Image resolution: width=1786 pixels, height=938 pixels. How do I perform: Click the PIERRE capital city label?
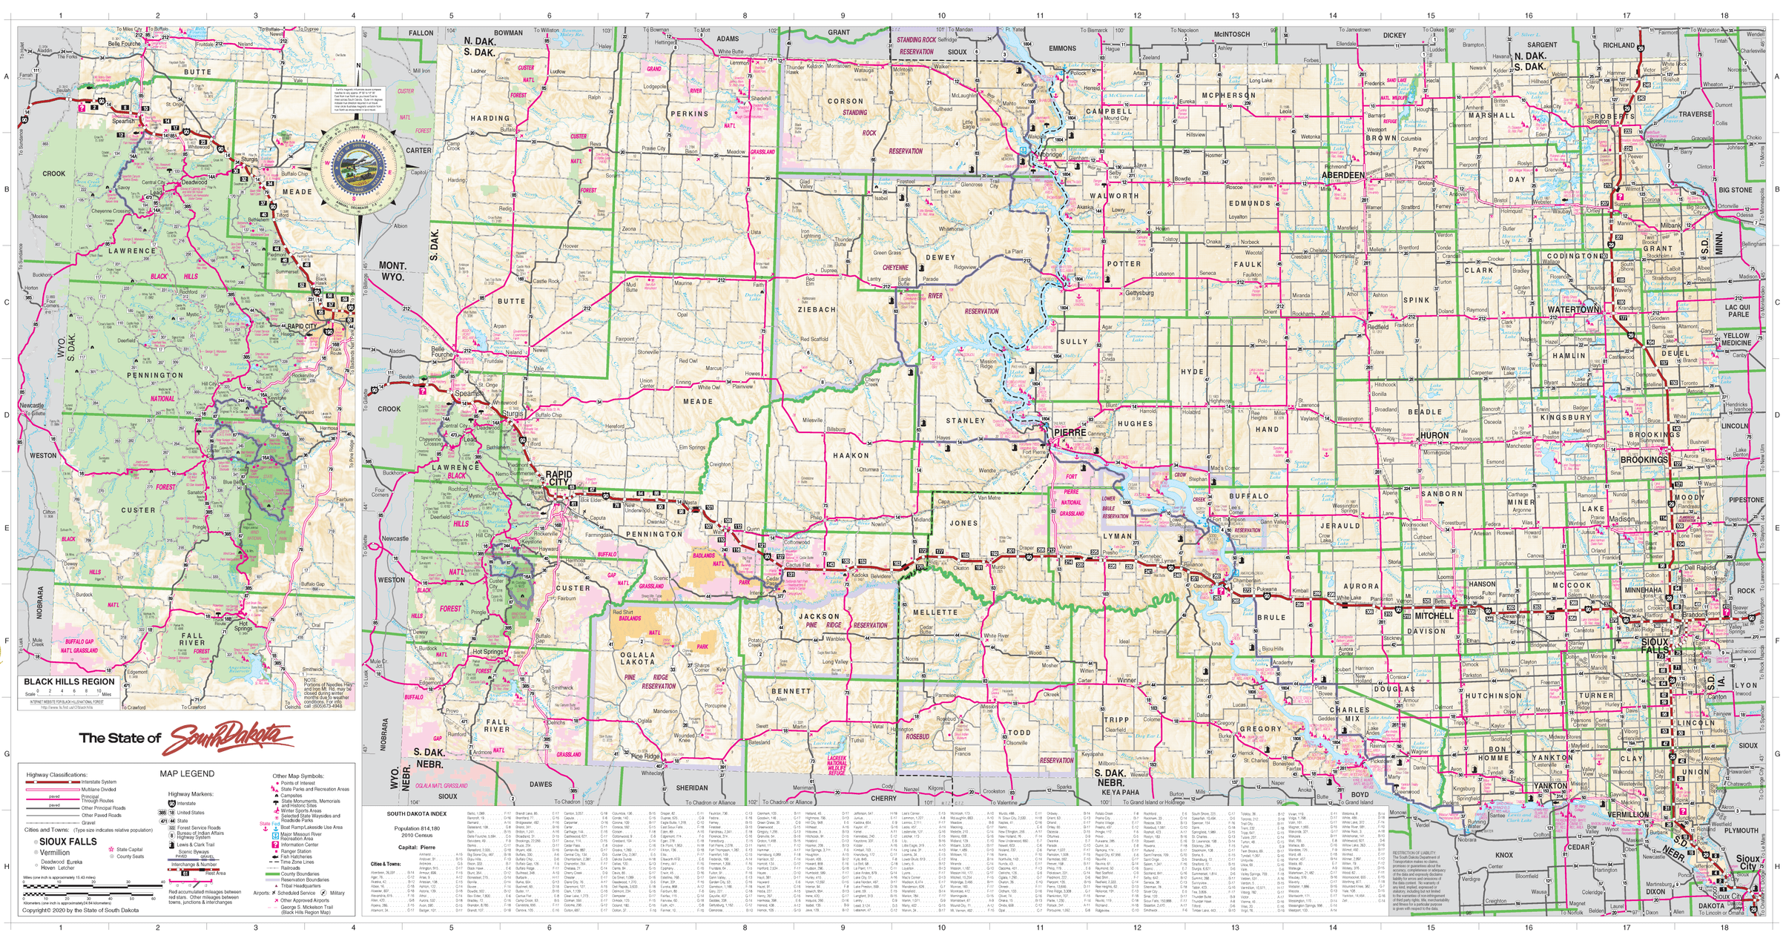pos(1070,432)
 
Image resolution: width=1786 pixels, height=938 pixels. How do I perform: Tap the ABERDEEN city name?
pos(1342,176)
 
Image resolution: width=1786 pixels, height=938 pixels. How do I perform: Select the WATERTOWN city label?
pos(1573,309)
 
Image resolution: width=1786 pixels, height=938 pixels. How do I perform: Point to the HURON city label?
pos(1434,436)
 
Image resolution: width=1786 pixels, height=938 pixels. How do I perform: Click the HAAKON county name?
pos(851,456)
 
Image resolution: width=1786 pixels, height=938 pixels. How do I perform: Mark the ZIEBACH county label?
pos(817,310)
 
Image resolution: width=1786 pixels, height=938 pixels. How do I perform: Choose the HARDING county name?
pos(490,119)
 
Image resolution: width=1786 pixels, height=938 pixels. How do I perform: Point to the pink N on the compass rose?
pos(358,65)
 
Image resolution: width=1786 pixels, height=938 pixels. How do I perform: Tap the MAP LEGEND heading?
pos(187,773)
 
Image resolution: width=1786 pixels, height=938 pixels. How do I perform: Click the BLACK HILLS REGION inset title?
pos(69,681)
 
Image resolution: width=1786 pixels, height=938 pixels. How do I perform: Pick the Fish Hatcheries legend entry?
pos(296,856)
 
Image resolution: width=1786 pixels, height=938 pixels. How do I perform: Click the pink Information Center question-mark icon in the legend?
pos(275,845)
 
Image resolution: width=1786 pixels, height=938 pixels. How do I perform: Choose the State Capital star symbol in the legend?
pos(111,850)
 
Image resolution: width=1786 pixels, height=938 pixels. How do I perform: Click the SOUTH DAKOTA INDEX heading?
pos(416,813)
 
